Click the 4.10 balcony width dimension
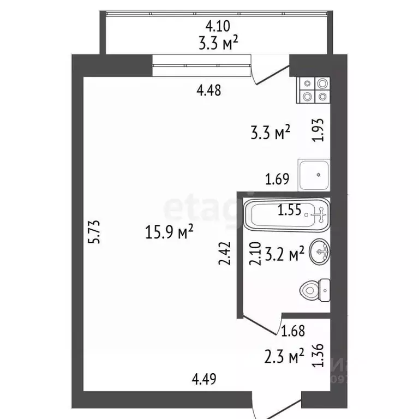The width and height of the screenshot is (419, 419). tap(218, 25)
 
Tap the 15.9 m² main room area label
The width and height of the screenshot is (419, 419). tap(170, 233)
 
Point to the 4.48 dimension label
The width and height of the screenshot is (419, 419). tap(208, 91)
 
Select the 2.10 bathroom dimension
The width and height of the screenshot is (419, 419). tap(253, 254)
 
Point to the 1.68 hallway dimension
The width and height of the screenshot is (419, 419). tap(292, 330)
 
